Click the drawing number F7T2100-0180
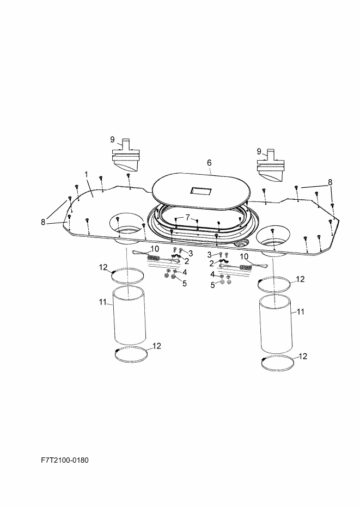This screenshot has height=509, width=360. tap(65, 460)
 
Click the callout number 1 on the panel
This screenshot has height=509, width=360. tap(87, 174)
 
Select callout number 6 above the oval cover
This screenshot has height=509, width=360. tap(209, 163)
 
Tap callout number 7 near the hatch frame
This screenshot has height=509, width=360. tap(187, 218)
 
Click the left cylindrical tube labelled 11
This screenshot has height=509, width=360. tap(129, 315)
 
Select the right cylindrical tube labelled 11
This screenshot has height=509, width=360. tap(276, 324)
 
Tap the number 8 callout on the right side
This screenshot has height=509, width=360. tap(330, 182)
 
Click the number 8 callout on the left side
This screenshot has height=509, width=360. tap(43, 222)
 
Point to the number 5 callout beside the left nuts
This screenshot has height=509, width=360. tap(185, 284)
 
